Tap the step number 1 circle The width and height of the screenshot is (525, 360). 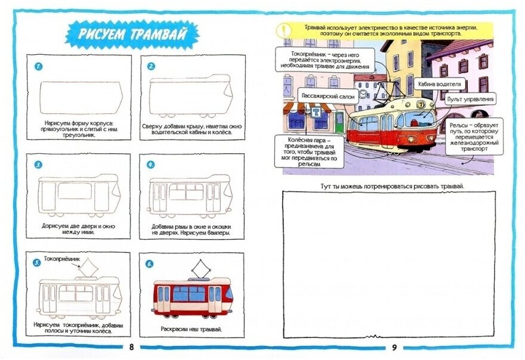[38, 66]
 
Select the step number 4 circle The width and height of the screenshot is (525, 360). [151, 164]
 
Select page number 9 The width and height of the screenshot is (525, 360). [394, 347]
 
